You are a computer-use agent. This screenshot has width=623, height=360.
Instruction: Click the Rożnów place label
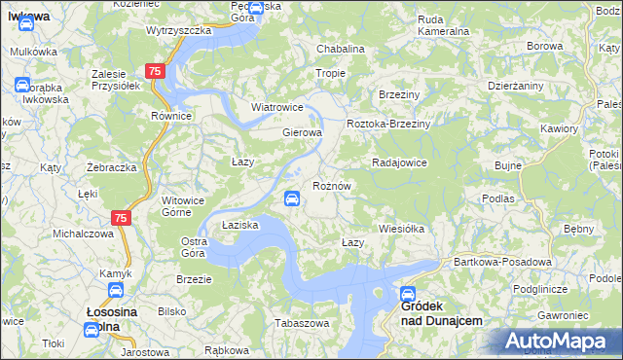331,185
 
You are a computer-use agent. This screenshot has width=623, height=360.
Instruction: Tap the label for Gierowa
302,132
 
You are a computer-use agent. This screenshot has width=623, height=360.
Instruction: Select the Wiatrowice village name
277,107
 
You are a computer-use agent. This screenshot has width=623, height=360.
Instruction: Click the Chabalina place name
340,49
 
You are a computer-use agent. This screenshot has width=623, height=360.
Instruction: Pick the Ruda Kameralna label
443,24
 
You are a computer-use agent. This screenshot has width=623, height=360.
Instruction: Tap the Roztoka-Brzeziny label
388,125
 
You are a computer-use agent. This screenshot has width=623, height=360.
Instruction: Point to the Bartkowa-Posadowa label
503,262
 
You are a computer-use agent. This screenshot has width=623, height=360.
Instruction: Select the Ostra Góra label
195,247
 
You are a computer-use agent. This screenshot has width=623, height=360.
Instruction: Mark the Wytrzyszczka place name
179,30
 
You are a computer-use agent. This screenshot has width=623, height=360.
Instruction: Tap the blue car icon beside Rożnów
291,199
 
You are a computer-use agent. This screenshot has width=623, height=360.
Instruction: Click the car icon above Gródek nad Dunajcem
409,293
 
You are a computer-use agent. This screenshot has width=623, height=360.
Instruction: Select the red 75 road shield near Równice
155,72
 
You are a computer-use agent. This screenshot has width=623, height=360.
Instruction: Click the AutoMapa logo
558,341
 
